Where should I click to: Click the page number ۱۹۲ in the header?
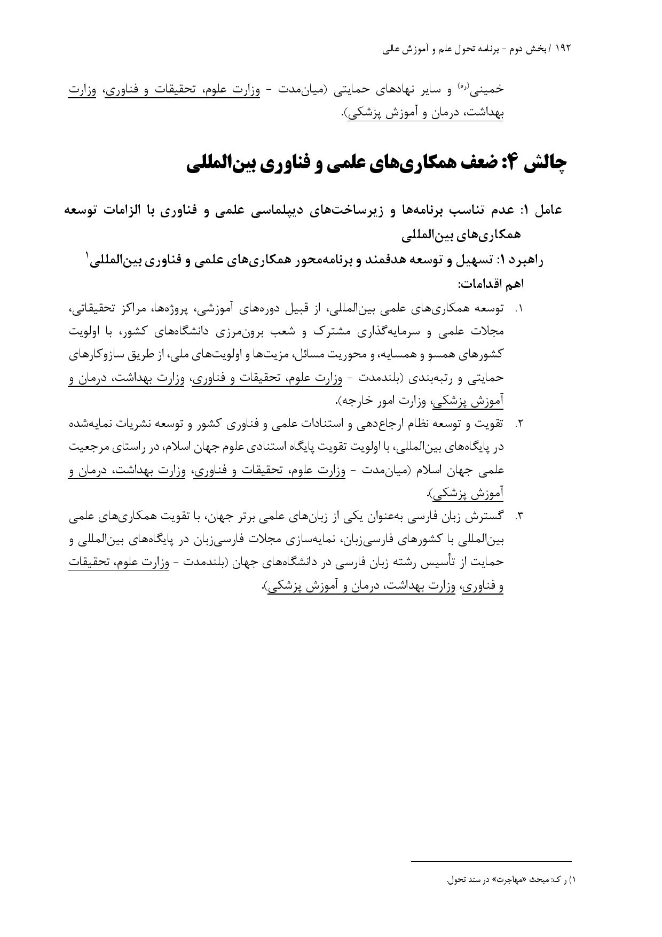coord(563,49)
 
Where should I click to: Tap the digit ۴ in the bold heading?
coord(509,163)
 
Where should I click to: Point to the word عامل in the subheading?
coord(548,210)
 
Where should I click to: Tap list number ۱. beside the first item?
coord(518,309)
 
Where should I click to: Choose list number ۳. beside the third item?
coord(518,516)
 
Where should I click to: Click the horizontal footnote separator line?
coord(491,861)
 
